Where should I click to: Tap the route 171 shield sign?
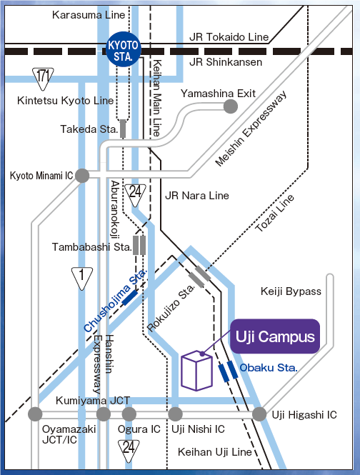[x=44, y=75]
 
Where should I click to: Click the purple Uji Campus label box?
[x=275, y=336]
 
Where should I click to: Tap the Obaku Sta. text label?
[x=269, y=367]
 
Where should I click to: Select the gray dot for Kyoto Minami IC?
[x=82, y=175]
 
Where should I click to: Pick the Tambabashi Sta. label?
[x=91, y=247]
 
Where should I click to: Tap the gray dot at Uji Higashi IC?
[x=259, y=414]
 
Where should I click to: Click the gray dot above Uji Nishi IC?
[x=175, y=414]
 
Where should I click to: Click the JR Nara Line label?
[x=196, y=195]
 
